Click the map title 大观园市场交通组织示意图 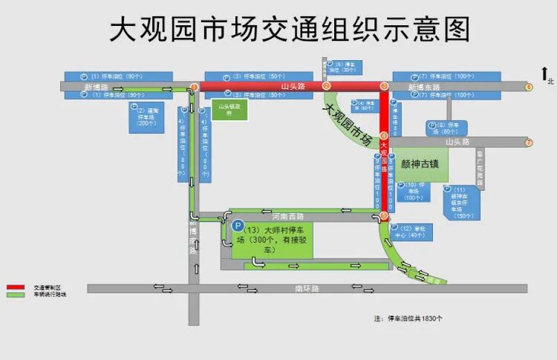click(290, 30)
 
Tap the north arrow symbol click(545, 75)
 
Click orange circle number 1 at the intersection click(195, 87)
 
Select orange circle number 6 click(529, 87)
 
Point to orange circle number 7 click(529, 142)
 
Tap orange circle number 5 click(384, 215)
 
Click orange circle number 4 click(384, 136)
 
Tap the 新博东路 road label click(424, 87)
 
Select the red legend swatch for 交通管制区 click(16, 287)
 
